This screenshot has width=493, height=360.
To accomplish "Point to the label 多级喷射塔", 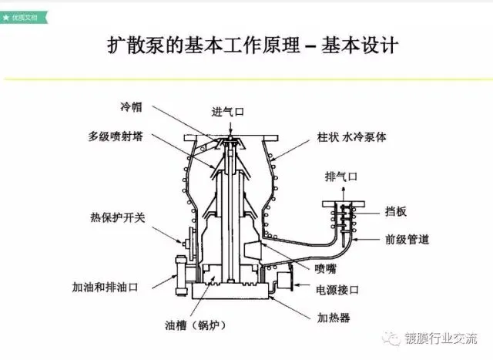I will [x=116, y=136].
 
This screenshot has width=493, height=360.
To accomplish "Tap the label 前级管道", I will [x=406, y=238].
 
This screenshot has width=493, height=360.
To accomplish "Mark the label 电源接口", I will [x=338, y=291].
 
